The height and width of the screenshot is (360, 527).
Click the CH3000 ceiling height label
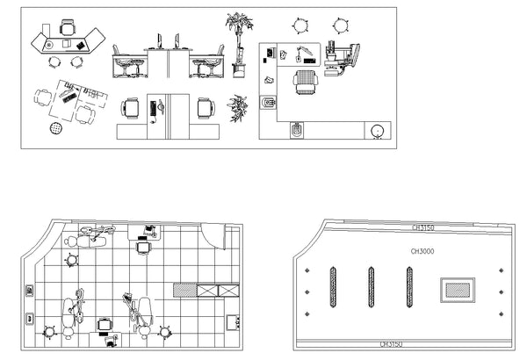point(422,251)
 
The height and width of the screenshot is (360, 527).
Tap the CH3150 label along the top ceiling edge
point(422,227)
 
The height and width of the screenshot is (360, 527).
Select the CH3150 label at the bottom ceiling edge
point(391,344)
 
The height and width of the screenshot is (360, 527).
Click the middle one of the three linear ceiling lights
point(371,287)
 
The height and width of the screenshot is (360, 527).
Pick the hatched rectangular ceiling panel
point(458,290)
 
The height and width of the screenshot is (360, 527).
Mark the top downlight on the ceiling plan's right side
point(502,270)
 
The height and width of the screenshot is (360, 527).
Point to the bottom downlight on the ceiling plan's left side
point(307,314)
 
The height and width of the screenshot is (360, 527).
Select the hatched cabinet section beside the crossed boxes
point(184,291)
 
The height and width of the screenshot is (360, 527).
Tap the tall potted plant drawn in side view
point(239,45)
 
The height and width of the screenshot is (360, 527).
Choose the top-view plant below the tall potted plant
point(238,108)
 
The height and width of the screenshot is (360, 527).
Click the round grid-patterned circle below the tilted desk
point(56,127)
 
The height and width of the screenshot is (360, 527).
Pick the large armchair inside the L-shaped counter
point(305,82)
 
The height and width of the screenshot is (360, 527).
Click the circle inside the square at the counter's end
point(377,131)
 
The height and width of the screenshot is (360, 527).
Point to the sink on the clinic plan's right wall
point(233,322)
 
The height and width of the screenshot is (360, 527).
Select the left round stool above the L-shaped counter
point(300,25)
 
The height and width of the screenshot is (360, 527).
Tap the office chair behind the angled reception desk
point(68,27)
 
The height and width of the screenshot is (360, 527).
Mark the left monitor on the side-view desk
point(159,41)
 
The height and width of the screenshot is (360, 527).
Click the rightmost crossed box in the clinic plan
point(228,291)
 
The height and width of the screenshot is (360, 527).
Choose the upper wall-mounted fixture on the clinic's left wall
point(30,291)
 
